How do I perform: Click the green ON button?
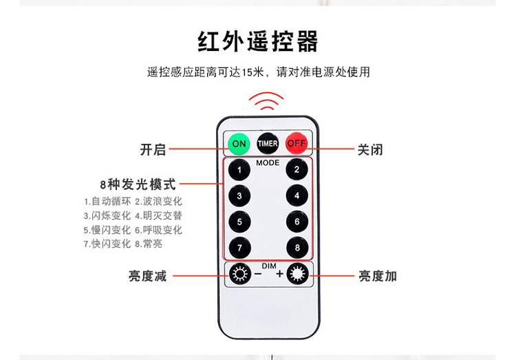tap(239, 144)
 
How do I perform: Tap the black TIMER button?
tap(268, 143)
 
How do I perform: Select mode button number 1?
tap(239, 169)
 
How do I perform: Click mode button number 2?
tap(297, 169)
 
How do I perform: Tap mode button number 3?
tap(239, 195)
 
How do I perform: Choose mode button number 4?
tap(297, 195)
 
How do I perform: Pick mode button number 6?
tap(297, 222)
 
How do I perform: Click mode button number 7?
tap(239, 247)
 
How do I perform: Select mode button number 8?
tap(297, 247)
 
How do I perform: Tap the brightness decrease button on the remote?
tap(239, 275)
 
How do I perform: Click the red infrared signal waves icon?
tap(266, 101)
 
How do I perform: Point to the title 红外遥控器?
tap(258, 41)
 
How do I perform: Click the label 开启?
tap(153, 149)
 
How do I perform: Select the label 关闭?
tap(369, 149)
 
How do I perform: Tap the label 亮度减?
tap(147, 276)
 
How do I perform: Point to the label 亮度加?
tap(377, 276)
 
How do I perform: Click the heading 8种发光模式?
tap(138, 184)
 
